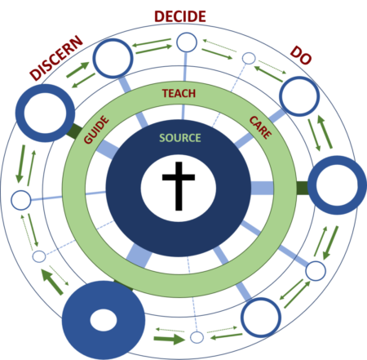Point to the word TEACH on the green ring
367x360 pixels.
[179, 94]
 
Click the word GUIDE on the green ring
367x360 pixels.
[96, 130]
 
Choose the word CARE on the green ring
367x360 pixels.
[259, 127]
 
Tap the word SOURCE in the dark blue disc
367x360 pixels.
[179, 137]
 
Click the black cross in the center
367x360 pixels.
[179, 187]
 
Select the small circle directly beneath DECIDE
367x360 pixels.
[187, 42]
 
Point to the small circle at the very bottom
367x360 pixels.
[197, 336]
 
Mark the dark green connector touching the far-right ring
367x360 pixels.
[301, 188]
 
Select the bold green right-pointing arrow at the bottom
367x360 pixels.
[170, 336]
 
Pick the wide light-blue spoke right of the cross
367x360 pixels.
[261, 188]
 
